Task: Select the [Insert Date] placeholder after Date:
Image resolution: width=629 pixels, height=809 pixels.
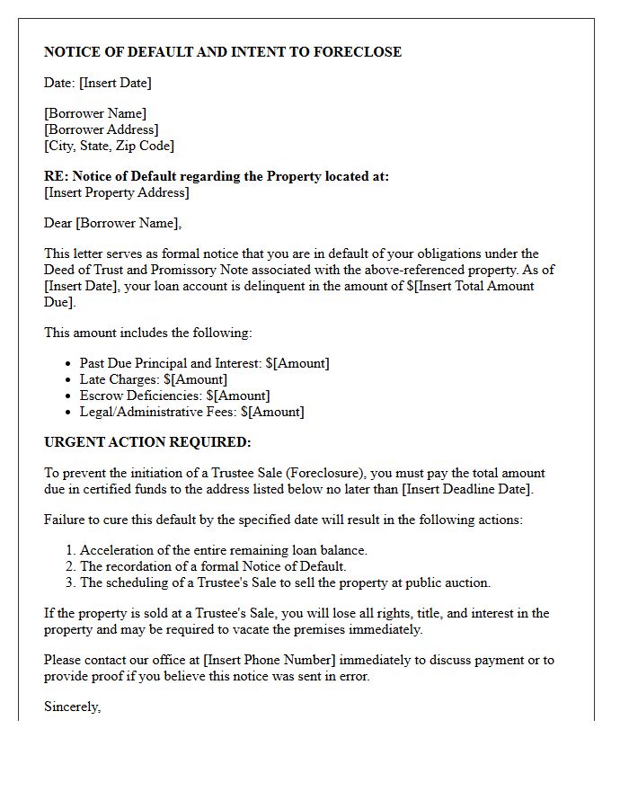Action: point(115,83)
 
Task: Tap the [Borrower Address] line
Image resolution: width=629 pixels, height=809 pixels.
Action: point(102,129)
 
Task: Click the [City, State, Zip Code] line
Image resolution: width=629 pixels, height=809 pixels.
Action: point(109,146)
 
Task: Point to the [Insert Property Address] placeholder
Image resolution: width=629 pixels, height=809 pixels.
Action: point(117,192)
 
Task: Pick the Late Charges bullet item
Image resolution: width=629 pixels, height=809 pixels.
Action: point(154,379)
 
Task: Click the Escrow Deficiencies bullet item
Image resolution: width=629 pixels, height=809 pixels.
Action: point(174,396)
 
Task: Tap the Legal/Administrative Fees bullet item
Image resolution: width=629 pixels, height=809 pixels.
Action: point(191,412)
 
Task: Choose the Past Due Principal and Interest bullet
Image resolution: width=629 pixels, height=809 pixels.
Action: point(204,363)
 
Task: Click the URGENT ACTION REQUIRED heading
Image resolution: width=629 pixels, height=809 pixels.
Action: point(147,442)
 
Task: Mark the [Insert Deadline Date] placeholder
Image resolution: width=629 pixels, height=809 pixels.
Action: point(467,489)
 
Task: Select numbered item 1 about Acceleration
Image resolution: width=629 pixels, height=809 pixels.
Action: point(224,550)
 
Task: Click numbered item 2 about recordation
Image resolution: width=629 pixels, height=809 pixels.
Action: point(213,566)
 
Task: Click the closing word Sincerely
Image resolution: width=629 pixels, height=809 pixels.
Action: point(72,707)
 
